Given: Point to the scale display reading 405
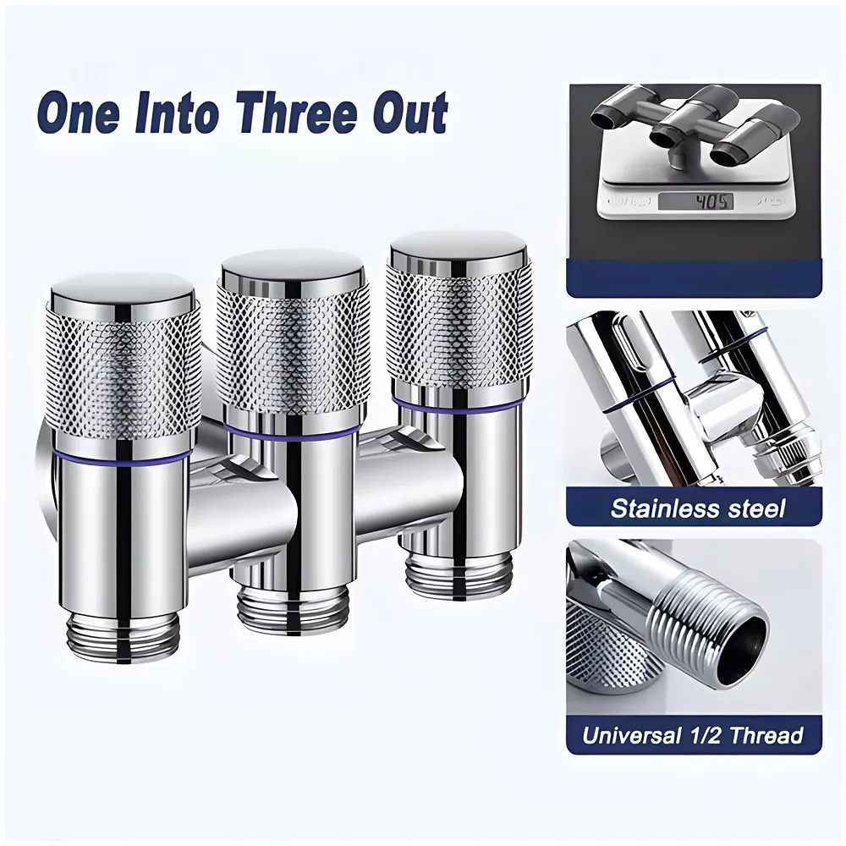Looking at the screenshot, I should point(696,201).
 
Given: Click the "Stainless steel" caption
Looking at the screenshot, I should point(698,508).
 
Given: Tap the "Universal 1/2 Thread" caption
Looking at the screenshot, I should point(693,734).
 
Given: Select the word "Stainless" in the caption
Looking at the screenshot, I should point(655,508).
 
